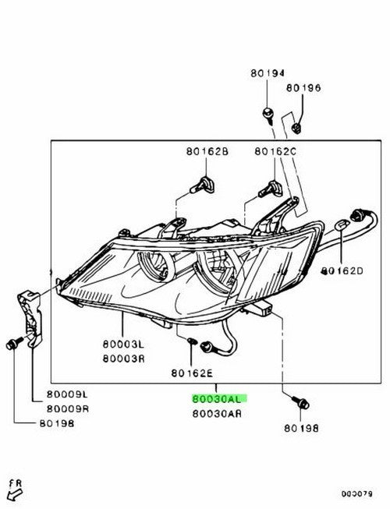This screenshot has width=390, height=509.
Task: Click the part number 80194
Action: pos(268,73)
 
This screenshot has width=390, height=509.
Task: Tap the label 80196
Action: pos(303,87)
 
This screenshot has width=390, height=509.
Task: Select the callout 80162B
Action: pos(207,151)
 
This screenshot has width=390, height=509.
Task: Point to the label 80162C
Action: pos(275,151)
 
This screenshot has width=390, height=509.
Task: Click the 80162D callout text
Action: pos(342,270)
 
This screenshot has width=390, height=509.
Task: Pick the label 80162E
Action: pos(192,373)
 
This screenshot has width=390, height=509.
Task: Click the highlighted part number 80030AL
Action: pos(217,399)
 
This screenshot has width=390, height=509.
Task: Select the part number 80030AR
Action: pos(217,414)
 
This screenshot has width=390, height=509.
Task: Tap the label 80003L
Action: pos(123,344)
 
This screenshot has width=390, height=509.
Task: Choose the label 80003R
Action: pos(124,359)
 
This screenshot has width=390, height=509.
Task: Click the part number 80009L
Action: pos(67,394)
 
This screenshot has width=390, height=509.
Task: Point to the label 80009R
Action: pos(68,408)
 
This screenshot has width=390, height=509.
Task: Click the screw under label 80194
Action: pos(268,116)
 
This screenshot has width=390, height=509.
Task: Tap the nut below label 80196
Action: pos(297,128)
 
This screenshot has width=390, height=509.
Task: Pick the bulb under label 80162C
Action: pos(271,189)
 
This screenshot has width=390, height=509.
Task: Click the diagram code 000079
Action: pos(356,493)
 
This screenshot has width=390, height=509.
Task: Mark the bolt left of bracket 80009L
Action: pos(14,342)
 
